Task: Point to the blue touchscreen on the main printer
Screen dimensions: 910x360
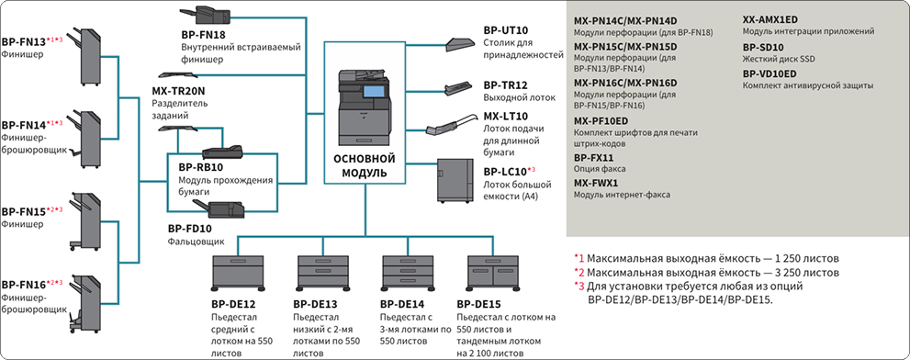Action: point(375,91)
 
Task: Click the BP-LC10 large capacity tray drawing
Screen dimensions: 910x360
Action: point(456,179)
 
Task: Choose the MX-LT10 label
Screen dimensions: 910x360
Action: point(505,117)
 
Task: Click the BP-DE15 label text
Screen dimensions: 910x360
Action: point(478,304)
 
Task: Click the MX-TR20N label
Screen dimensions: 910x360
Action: point(178,91)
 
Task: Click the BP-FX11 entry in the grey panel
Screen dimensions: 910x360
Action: point(594,157)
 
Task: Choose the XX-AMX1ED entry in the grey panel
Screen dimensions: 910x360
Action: point(770,19)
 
